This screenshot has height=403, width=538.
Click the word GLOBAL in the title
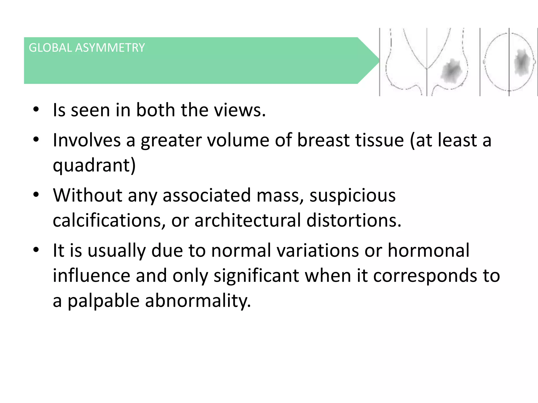click(x=50, y=48)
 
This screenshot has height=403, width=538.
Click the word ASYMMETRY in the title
click(x=110, y=48)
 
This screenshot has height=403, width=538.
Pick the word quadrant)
click(x=94, y=165)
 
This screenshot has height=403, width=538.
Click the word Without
click(x=87, y=195)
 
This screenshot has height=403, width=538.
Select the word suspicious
click(x=352, y=195)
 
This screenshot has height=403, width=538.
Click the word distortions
click(x=354, y=220)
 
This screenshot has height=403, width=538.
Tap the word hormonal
click(x=428, y=250)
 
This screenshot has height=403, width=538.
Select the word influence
click(x=91, y=275)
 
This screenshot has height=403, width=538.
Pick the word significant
click(x=256, y=275)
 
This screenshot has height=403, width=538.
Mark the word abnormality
click(x=198, y=301)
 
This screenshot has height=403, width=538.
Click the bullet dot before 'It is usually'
click(x=36, y=250)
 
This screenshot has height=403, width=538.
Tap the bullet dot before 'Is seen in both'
click(x=36, y=109)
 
